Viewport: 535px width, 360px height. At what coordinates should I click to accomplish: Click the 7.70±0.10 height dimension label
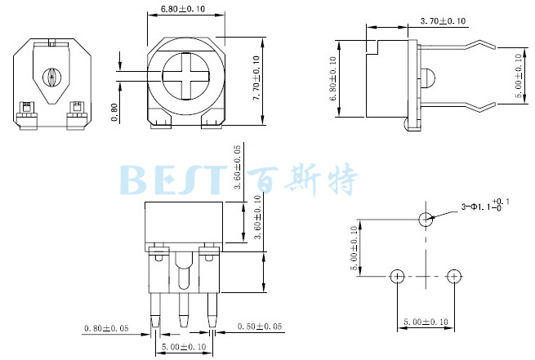[x=256, y=78]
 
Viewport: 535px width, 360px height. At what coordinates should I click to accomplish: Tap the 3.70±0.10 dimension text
[x=443, y=21]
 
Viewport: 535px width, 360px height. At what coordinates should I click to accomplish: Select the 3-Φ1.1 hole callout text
[x=485, y=206]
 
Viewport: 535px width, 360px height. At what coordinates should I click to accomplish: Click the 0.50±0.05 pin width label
[x=260, y=327]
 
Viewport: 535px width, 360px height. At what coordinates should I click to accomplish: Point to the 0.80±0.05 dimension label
[x=106, y=328]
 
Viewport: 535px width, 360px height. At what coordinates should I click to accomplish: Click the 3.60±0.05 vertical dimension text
[x=237, y=167]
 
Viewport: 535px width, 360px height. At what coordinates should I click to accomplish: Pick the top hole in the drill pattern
[x=426, y=219]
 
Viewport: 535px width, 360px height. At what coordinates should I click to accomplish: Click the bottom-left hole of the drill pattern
[x=397, y=276]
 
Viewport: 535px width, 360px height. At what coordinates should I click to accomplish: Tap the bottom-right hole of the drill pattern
[x=454, y=276]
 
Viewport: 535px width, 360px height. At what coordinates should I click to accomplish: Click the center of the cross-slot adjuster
[x=185, y=77]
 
